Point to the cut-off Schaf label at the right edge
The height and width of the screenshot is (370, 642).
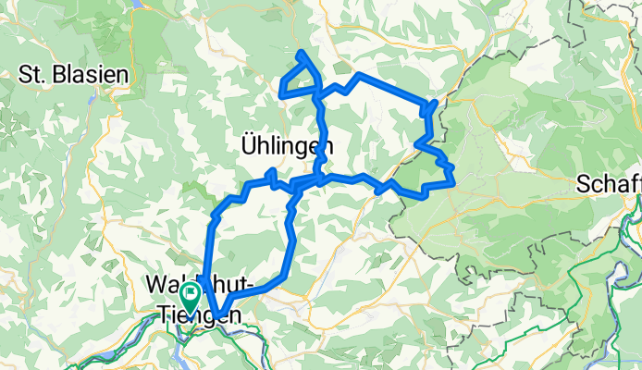coord(608,183)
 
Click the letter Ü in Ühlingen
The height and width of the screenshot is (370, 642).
coord(247,145)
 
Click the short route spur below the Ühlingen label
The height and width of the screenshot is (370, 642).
coord(271,174)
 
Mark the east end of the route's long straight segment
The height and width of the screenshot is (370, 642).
coord(431,104)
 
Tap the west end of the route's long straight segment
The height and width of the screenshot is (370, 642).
coord(357,74)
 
